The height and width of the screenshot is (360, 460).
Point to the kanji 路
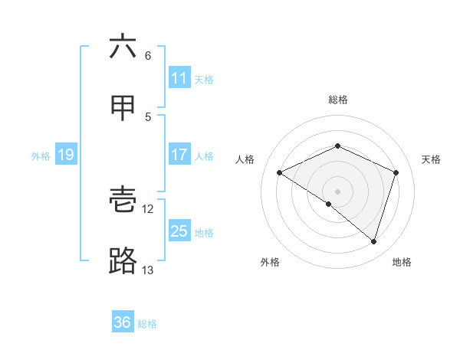click(123, 261)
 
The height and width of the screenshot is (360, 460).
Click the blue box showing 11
click(179, 77)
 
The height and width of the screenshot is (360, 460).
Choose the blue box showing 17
click(179, 155)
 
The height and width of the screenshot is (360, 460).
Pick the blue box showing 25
click(179, 231)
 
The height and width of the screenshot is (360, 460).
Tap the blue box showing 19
click(66, 155)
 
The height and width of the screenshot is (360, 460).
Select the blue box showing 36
click(123, 322)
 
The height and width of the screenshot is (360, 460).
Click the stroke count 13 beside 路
click(147, 270)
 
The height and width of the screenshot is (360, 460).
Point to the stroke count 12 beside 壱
click(148, 208)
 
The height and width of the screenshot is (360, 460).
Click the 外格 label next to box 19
click(41, 156)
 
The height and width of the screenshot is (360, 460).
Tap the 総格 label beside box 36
click(147, 324)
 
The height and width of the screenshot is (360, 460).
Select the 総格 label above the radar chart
click(337, 100)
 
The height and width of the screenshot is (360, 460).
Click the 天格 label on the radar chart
click(431, 159)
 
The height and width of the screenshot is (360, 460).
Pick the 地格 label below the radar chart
click(402, 262)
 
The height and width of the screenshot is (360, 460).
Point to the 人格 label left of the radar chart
click(245, 159)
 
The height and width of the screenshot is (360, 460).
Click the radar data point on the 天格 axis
click(396, 172)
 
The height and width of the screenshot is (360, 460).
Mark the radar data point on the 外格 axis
click(329, 204)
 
